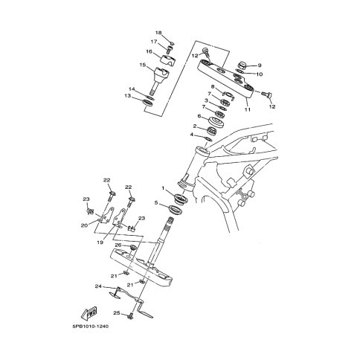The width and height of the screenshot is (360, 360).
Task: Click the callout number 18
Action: point(158,33)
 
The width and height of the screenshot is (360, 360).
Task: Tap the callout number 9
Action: point(260,65)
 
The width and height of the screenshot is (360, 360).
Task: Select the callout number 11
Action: point(248,109)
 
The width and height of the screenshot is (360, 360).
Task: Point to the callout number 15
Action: point(143,65)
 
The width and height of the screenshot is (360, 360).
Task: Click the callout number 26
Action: point(118,245)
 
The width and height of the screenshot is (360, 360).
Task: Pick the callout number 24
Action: point(98,286)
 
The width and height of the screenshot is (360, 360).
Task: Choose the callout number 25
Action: point(117,313)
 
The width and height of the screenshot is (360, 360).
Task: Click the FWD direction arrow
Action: point(89,313)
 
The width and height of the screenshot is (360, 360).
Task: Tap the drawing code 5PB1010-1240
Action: point(91,327)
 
